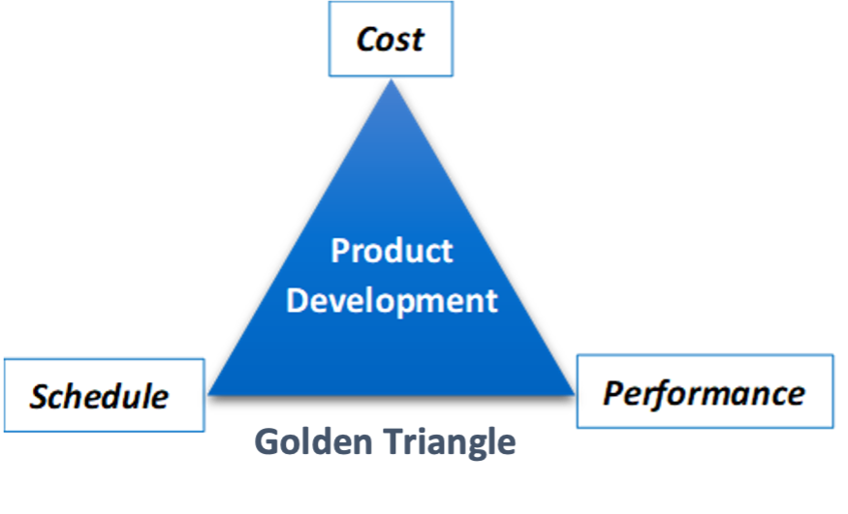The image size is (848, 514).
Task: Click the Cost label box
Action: click(391, 40)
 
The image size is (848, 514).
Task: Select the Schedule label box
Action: click(104, 395)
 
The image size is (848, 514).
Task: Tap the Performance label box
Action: click(705, 392)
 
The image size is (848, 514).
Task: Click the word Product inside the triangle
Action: click(392, 251)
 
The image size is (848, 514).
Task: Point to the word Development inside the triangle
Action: click(393, 299)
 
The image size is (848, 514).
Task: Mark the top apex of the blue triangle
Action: click(392, 79)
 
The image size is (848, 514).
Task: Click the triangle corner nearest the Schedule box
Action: click(209, 393)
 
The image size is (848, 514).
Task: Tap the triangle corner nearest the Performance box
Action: click(575, 393)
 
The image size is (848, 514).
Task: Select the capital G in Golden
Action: click(267, 441)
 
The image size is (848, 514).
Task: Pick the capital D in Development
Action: click(298, 299)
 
